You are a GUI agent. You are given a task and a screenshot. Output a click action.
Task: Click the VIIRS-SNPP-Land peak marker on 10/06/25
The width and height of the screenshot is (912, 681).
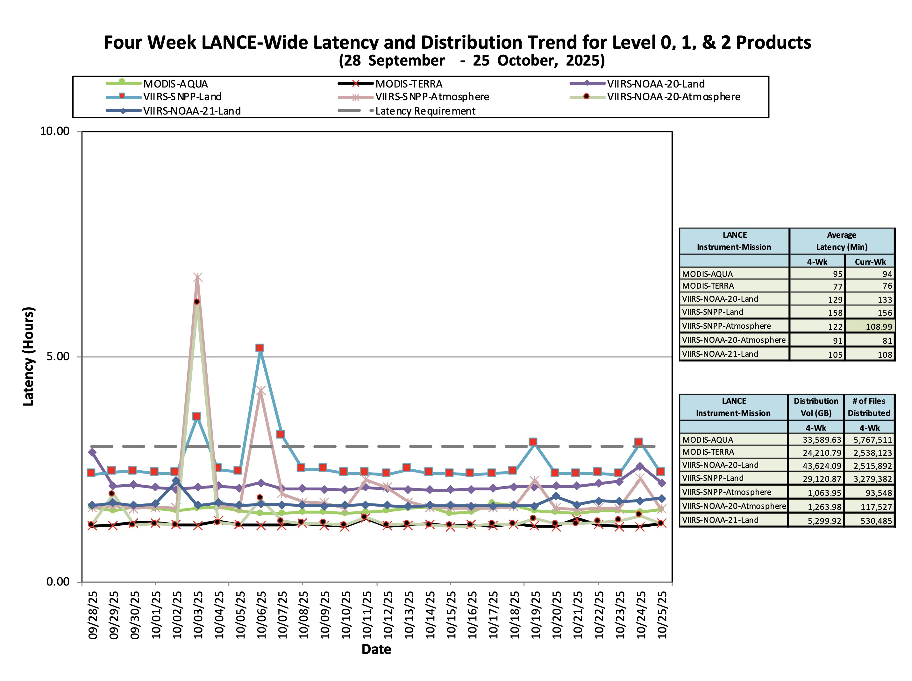260,348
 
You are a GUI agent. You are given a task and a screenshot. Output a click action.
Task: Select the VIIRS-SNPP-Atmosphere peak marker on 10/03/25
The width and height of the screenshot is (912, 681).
198,278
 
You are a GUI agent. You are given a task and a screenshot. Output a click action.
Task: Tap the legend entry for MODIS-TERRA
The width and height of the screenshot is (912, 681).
408,84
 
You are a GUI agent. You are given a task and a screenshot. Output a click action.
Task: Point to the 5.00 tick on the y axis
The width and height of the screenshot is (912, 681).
58,356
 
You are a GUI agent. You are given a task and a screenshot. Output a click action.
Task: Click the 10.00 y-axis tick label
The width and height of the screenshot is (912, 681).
54,131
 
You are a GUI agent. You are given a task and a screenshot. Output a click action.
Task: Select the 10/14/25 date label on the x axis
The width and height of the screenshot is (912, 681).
430,614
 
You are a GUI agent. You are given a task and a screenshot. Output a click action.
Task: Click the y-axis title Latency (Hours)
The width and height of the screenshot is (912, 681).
28,356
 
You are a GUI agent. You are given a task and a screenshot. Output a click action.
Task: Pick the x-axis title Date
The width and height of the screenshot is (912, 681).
376,649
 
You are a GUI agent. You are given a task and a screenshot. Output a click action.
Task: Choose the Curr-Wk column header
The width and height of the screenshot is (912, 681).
870,262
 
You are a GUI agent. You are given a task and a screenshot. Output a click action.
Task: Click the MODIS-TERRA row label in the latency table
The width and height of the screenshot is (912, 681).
708,286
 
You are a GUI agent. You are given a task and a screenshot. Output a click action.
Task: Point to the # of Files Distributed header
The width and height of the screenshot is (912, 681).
869,407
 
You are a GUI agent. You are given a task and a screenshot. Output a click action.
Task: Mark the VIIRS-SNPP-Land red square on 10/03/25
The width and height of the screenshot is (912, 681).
197,417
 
